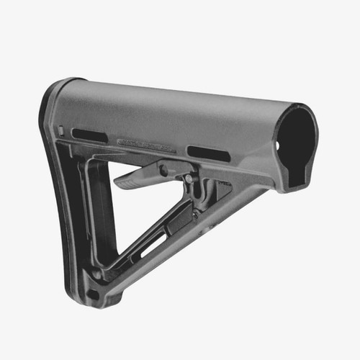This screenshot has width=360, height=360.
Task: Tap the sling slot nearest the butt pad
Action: point(90,135)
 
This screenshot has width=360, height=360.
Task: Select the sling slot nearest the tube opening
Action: point(209,153)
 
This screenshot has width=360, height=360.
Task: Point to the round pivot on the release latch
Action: point(165,171)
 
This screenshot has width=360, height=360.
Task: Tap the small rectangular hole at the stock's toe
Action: point(92,294)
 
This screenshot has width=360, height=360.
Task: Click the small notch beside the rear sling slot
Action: point(63,131)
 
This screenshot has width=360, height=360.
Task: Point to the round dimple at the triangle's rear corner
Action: point(96,274)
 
